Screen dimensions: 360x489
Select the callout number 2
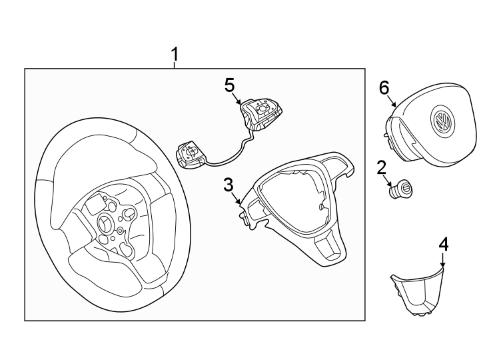(x=382, y=168)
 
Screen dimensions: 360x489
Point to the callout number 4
(x=444, y=244)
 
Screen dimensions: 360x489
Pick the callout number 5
(x=229, y=85)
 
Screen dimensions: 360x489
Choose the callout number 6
(x=384, y=87)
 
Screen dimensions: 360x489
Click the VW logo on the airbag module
(x=441, y=121)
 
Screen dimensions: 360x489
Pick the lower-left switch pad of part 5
(x=192, y=154)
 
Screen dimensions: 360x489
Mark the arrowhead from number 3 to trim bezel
(x=241, y=203)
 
